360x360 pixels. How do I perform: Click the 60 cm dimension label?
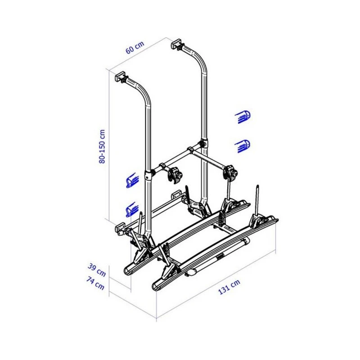[135, 47]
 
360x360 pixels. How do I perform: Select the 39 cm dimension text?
[99, 271]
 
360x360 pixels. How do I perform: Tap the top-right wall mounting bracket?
[176, 45]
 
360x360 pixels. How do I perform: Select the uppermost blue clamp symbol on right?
[243, 117]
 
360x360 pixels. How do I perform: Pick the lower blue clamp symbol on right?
[243, 145]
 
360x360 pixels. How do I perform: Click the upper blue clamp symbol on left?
[131, 180]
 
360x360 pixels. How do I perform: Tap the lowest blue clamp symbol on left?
[131, 209]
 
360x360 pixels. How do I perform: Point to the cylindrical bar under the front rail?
[220, 257]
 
